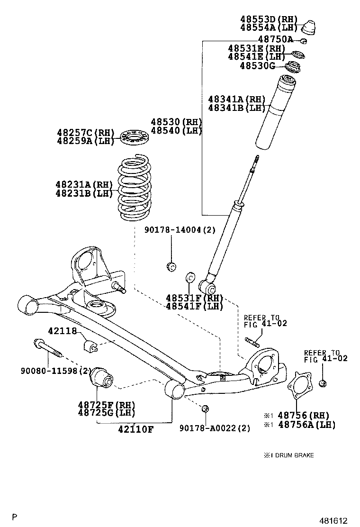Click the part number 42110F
135,429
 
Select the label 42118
62,331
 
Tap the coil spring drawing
134,188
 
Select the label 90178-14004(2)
180,230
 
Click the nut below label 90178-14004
171,266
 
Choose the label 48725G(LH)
107,413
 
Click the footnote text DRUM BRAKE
292,455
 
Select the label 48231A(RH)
83,184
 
